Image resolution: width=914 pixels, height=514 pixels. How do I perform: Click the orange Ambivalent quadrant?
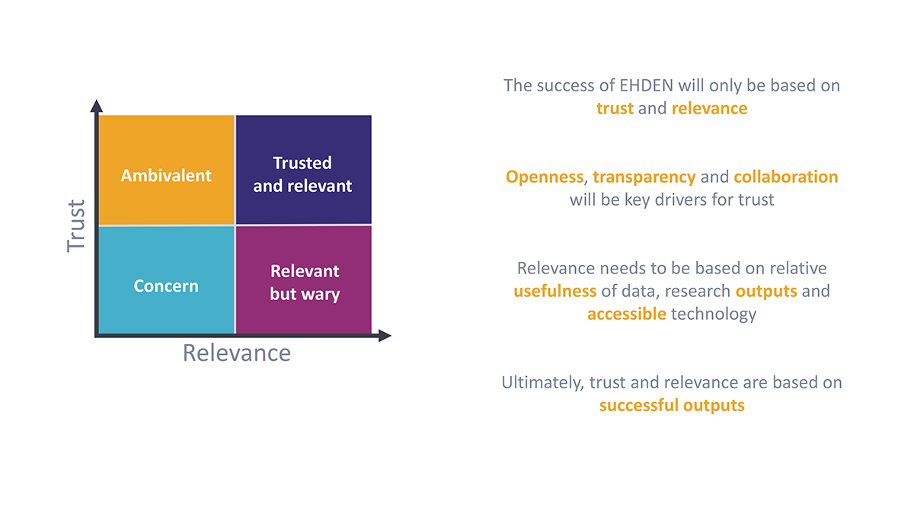pyautogui.click(x=167, y=170)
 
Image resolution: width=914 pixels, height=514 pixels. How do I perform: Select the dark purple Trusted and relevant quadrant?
pyautogui.click(x=304, y=170)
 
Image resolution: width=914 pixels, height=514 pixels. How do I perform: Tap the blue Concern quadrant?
pyautogui.click(x=167, y=280)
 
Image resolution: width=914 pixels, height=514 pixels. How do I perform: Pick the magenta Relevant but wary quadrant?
pyautogui.click(x=304, y=280)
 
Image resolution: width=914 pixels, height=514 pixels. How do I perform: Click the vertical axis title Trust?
pyautogui.click(x=76, y=226)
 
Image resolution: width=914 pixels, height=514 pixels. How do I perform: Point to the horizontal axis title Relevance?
pyautogui.click(x=237, y=353)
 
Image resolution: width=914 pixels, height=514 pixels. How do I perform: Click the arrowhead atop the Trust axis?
pyautogui.click(x=96, y=106)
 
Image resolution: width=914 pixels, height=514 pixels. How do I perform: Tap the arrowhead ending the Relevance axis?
pyautogui.click(x=385, y=336)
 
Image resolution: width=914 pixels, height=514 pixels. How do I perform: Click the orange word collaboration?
pyautogui.click(x=786, y=177)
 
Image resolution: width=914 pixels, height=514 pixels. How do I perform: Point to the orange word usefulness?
pyautogui.click(x=555, y=291)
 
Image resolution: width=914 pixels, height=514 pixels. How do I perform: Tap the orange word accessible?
pyautogui.click(x=627, y=314)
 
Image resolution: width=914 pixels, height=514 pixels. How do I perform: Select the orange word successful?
pyautogui.click(x=638, y=405)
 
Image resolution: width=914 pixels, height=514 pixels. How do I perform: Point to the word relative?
pyautogui.click(x=798, y=268)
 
